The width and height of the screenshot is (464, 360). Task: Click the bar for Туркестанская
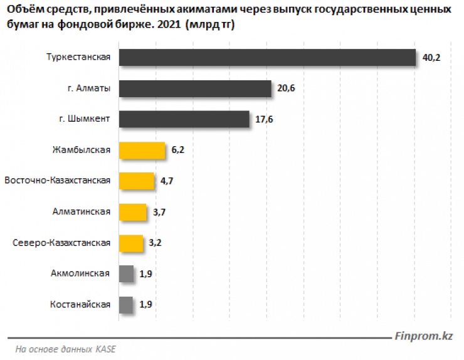[267, 58]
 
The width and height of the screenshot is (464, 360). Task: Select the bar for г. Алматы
[195, 88]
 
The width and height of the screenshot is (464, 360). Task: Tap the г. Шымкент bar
[184, 119]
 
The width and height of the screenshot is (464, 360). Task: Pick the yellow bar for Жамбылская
[142, 150]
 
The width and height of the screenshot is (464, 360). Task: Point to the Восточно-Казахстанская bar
[137, 181]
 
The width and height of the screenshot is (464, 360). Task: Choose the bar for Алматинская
[132, 211]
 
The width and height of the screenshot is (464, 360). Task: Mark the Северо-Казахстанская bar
[131, 242]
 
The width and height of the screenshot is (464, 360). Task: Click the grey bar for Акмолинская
[126, 273]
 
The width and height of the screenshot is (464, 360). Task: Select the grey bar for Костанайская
[126, 304]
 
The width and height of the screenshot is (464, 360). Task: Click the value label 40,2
[432, 58]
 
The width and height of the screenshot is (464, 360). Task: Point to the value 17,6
[264, 119]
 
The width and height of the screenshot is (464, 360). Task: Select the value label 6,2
[177, 150]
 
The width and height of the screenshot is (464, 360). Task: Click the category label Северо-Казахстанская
[61, 242]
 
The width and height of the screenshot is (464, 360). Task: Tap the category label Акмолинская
[80, 273]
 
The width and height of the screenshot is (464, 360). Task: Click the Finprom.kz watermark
[424, 336]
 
